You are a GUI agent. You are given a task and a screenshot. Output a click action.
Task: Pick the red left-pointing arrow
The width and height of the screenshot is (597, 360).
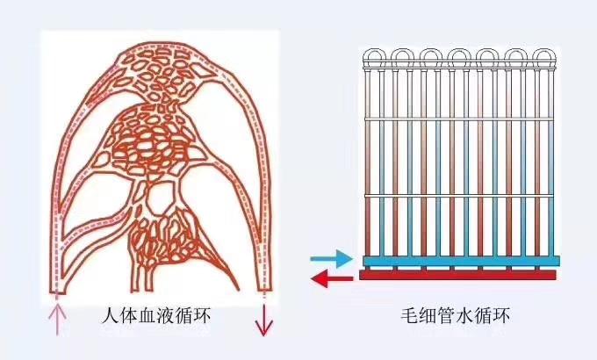pyautogui.click(x=332, y=279)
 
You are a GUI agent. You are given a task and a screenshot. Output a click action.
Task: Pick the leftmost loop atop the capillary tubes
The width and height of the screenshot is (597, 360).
pyautogui.click(x=375, y=58)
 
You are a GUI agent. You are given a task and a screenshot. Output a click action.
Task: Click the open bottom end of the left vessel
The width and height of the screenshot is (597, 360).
pyautogui.click(x=57, y=290)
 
